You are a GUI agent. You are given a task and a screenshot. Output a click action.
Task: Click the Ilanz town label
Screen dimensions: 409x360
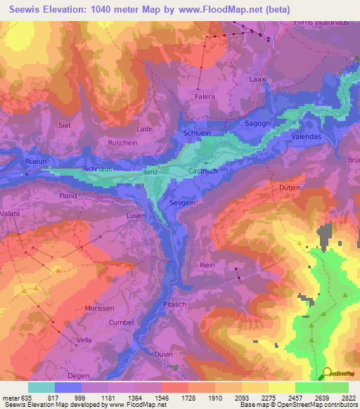point(151,171)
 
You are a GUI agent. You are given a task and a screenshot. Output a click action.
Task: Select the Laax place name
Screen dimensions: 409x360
point(257,79)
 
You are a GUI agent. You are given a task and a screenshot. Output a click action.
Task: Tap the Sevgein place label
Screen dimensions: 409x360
point(181,202)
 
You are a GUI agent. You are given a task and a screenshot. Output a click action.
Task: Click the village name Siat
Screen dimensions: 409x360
point(65,125)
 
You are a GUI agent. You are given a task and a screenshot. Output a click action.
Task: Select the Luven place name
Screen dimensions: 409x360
point(136,216)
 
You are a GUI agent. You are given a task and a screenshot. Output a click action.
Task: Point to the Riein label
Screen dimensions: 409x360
point(207,264)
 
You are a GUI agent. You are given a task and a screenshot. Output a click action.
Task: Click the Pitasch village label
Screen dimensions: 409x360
point(174,304)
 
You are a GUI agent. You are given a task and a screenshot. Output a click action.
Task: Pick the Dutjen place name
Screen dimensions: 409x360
point(290,188)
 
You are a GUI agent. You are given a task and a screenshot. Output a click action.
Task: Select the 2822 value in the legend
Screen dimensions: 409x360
point(349,398)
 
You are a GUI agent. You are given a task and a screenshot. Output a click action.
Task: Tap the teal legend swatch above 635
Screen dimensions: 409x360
point(41,387)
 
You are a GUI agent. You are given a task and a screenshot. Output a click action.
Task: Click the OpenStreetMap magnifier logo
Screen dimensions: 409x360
point(326,372)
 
